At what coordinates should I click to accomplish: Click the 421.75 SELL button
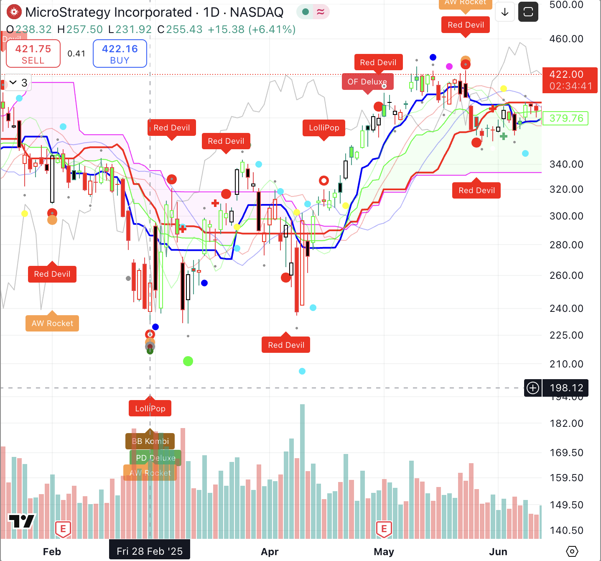33,54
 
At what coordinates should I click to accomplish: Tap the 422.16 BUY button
120,54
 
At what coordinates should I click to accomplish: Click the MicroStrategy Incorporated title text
109,13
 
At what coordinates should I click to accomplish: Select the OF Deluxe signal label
367,82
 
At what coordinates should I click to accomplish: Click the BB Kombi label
150,441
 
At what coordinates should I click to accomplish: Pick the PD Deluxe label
155,458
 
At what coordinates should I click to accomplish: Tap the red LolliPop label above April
324,128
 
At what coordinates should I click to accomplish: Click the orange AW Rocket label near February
52,324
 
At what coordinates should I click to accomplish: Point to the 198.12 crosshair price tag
566,388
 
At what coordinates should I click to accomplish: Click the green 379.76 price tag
566,118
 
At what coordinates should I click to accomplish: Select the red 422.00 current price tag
570,80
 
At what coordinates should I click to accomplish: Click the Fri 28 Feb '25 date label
150,551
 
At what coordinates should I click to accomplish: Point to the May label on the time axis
384,552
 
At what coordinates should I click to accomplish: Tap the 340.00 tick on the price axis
566,164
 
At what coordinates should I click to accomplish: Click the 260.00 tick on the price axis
566,275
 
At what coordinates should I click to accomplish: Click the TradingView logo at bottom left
22,521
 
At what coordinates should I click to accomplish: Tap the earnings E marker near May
384,529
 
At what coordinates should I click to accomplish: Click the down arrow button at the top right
505,12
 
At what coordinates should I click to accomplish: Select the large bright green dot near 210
188,361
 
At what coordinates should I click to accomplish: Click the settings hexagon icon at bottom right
572,552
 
